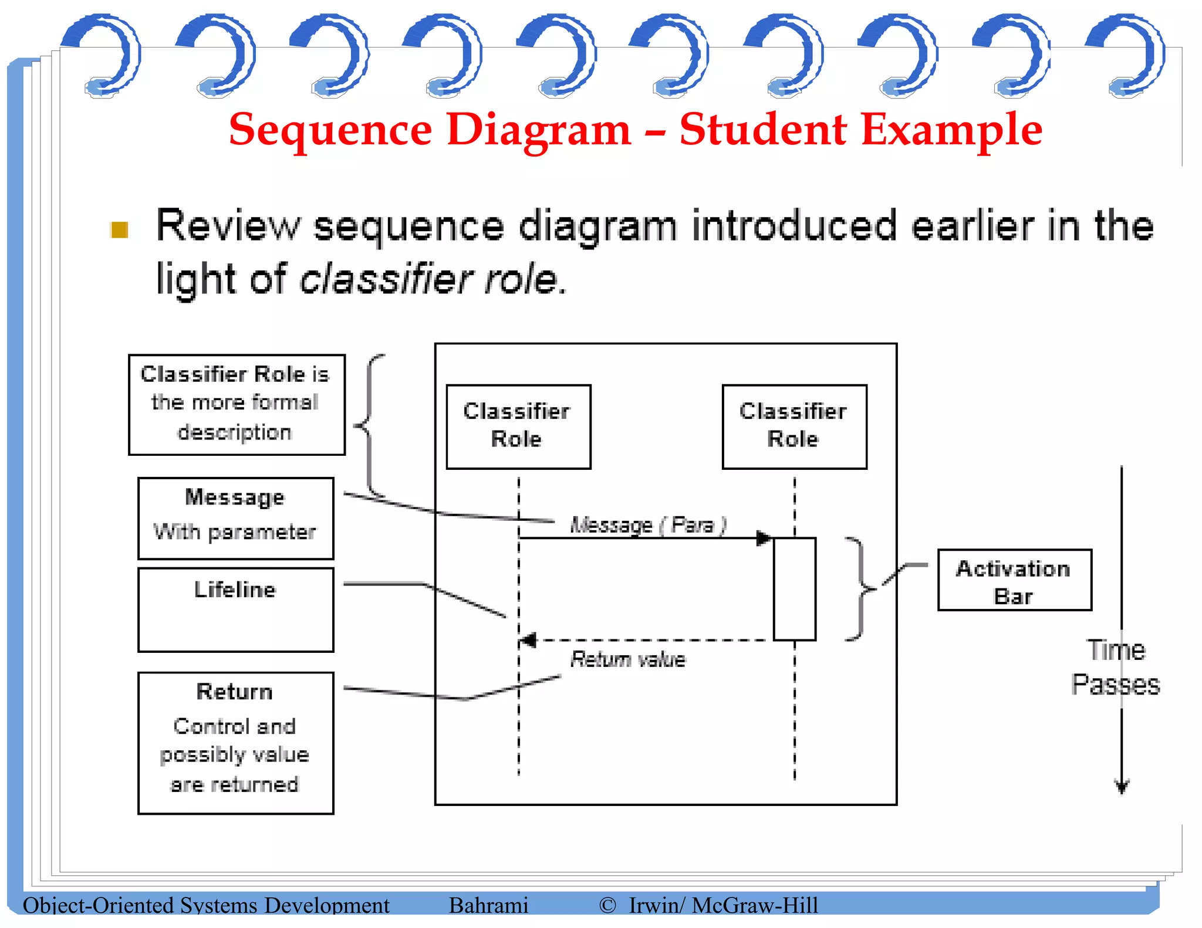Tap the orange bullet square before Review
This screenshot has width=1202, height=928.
click(x=120, y=230)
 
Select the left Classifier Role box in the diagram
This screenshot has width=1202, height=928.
click(x=518, y=426)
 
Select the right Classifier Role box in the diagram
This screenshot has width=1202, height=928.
click(x=794, y=426)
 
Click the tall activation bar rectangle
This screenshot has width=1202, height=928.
click(x=794, y=588)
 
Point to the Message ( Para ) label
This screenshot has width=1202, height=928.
click(x=647, y=524)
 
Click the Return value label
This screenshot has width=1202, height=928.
click(x=627, y=659)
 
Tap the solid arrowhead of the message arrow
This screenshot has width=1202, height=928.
click(x=764, y=538)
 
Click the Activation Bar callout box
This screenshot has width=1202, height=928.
click(x=1014, y=580)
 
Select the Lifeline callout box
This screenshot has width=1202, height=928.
click(x=235, y=609)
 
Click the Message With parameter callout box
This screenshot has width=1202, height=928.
click(x=235, y=518)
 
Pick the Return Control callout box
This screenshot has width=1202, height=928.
click(x=235, y=742)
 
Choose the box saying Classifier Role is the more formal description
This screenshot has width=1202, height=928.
click(x=237, y=404)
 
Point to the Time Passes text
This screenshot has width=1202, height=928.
click(x=1115, y=668)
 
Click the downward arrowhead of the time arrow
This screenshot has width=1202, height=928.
click(x=1122, y=787)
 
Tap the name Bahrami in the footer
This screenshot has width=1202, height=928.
click(x=488, y=905)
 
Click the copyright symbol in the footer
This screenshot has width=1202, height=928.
click(x=607, y=905)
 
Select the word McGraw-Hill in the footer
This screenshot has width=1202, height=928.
click(x=755, y=905)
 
